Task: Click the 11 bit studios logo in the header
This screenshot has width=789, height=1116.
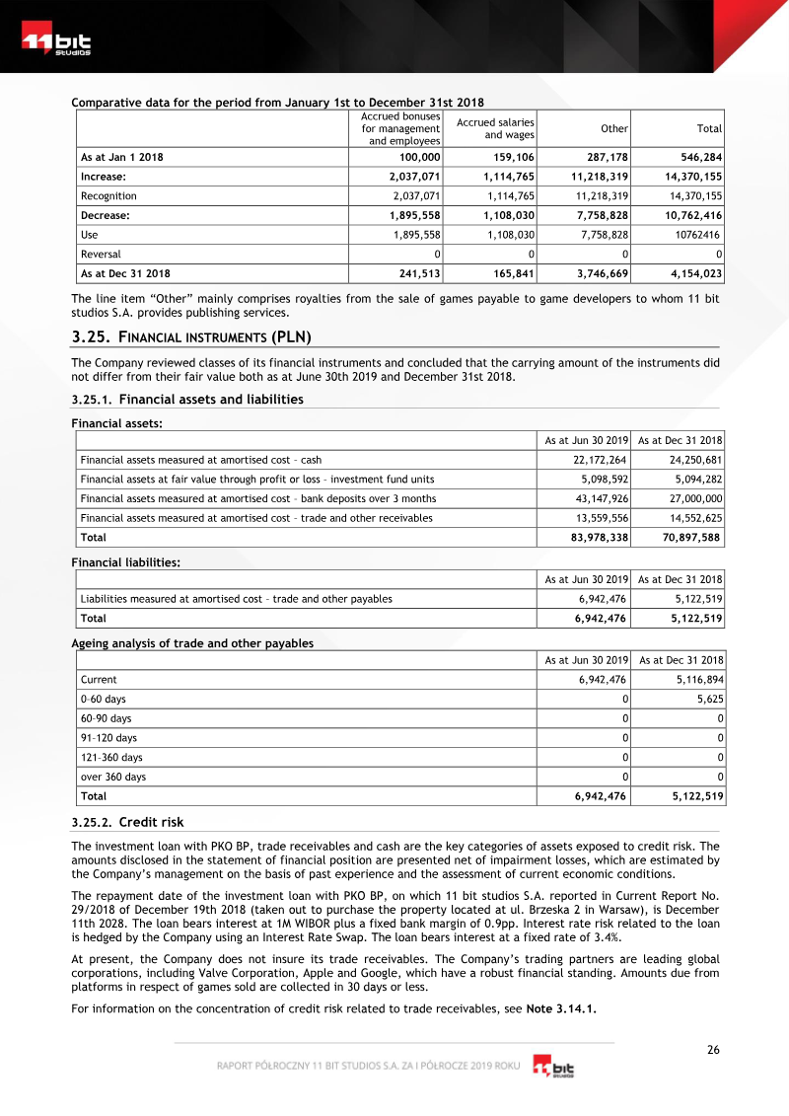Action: click(x=56, y=43)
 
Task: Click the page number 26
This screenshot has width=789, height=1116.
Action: click(x=713, y=1050)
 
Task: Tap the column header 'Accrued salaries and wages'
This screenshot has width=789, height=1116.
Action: click(x=495, y=129)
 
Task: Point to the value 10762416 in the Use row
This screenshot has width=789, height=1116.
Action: click(x=697, y=235)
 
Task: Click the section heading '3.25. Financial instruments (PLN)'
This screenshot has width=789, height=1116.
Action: click(x=191, y=336)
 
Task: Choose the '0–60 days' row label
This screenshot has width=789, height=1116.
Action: click(x=104, y=699)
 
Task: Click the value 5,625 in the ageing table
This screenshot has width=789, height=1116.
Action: click(x=709, y=699)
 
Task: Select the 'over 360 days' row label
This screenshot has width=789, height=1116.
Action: click(x=113, y=777)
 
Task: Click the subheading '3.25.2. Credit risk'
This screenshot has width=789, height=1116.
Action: click(x=127, y=822)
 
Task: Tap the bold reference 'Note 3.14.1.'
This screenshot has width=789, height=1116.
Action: click(x=562, y=1008)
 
